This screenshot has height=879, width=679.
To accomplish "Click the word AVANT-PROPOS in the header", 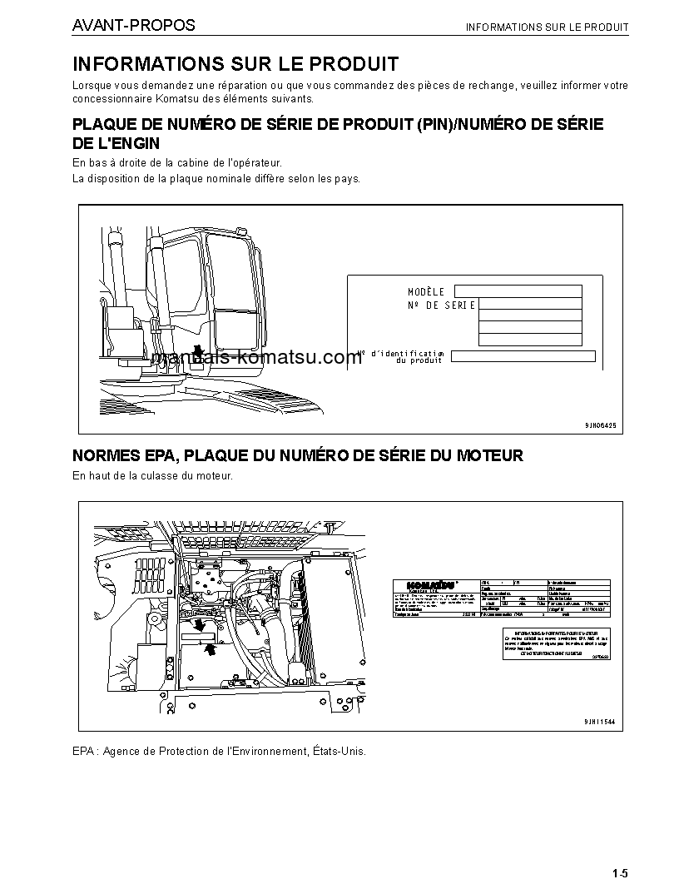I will (x=133, y=26).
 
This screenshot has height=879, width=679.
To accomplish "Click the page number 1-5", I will (x=619, y=873).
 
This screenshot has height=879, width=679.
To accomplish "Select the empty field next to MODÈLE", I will (x=518, y=291).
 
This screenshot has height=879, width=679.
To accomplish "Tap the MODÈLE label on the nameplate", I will (x=426, y=292).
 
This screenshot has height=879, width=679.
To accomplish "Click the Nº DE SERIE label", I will (x=441, y=305).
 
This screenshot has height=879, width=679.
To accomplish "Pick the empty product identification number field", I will (x=523, y=356).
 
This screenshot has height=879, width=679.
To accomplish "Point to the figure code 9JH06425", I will (x=600, y=425).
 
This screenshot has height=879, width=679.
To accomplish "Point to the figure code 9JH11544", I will (x=600, y=722).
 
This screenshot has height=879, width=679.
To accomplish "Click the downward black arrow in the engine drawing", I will (x=201, y=623).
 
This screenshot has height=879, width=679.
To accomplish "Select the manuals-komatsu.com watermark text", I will (x=257, y=357).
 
